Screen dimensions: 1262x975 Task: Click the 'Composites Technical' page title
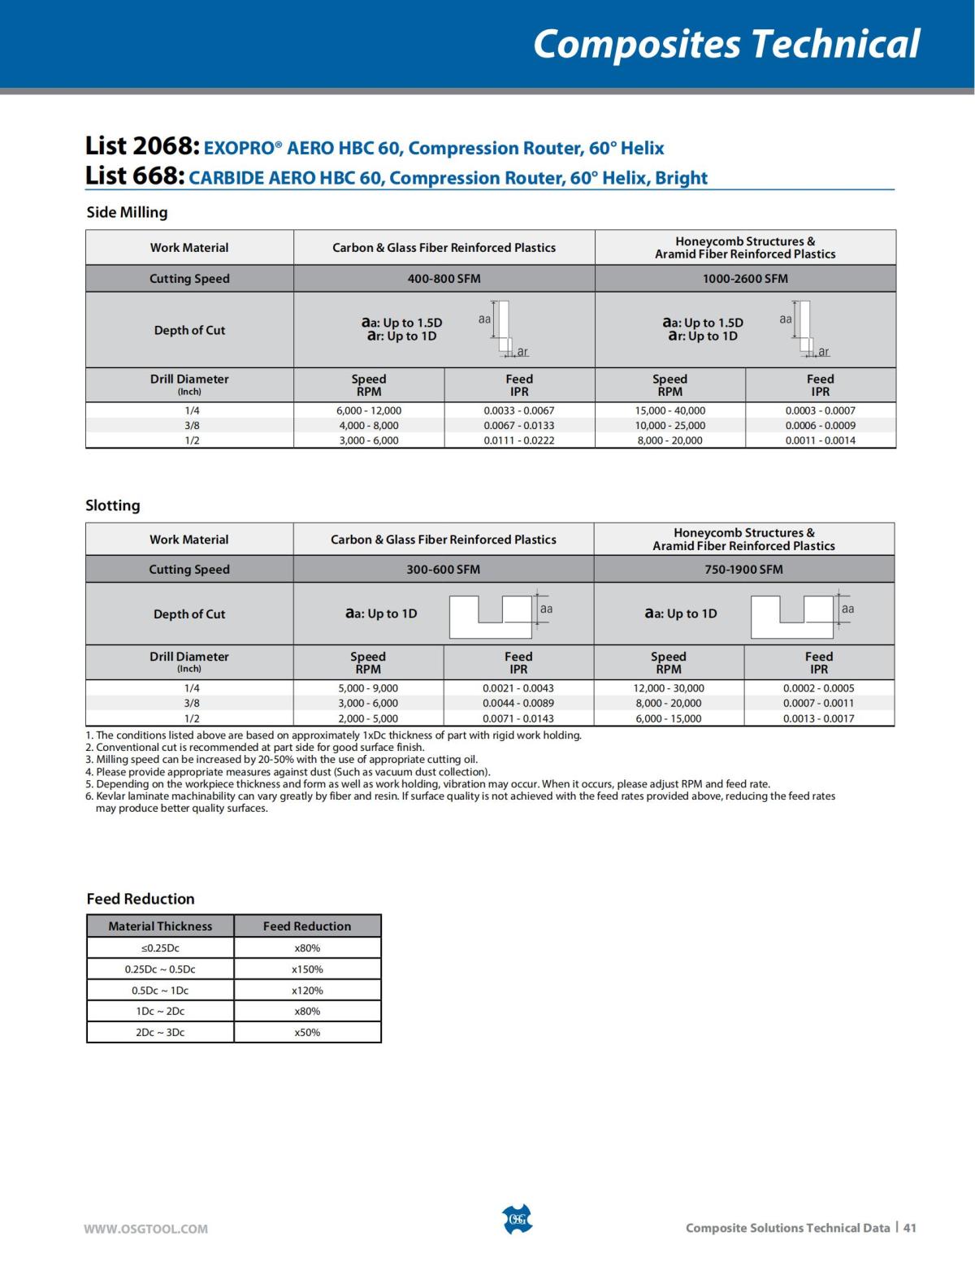click(x=726, y=44)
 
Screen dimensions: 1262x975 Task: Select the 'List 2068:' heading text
click(x=142, y=147)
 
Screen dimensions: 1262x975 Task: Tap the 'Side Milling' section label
click(x=127, y=212)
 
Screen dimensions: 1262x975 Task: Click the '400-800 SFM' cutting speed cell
click(x=444, y=279)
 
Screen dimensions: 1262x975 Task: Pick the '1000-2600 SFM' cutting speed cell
click(x=745, y=279)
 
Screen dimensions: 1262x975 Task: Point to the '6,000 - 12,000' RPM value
click(x=369, y=410)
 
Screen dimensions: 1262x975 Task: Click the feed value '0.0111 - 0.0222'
click(x=519, y=440)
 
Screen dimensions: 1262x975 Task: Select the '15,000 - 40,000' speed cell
click(x=670, y=410)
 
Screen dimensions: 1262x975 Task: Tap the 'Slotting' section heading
click(x=113, y=505)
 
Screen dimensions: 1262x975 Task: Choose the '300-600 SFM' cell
click(x=443, y=570)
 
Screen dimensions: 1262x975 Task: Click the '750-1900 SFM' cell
click(x=743, y=570)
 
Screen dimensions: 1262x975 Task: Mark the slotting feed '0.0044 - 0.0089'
click(x=518, y=703)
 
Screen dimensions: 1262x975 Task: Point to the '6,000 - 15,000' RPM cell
click(x=669, y=718)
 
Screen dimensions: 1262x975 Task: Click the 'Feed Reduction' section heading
click(x=141, y=899)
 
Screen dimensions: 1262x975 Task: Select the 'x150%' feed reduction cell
click(x=307, y=969)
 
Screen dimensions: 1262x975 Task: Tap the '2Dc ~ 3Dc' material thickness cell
click(x=160, y=1032)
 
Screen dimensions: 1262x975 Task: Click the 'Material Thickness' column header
click(x=160, y=926)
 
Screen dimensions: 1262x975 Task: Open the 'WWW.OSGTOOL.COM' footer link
click(x=146, y=1229)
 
